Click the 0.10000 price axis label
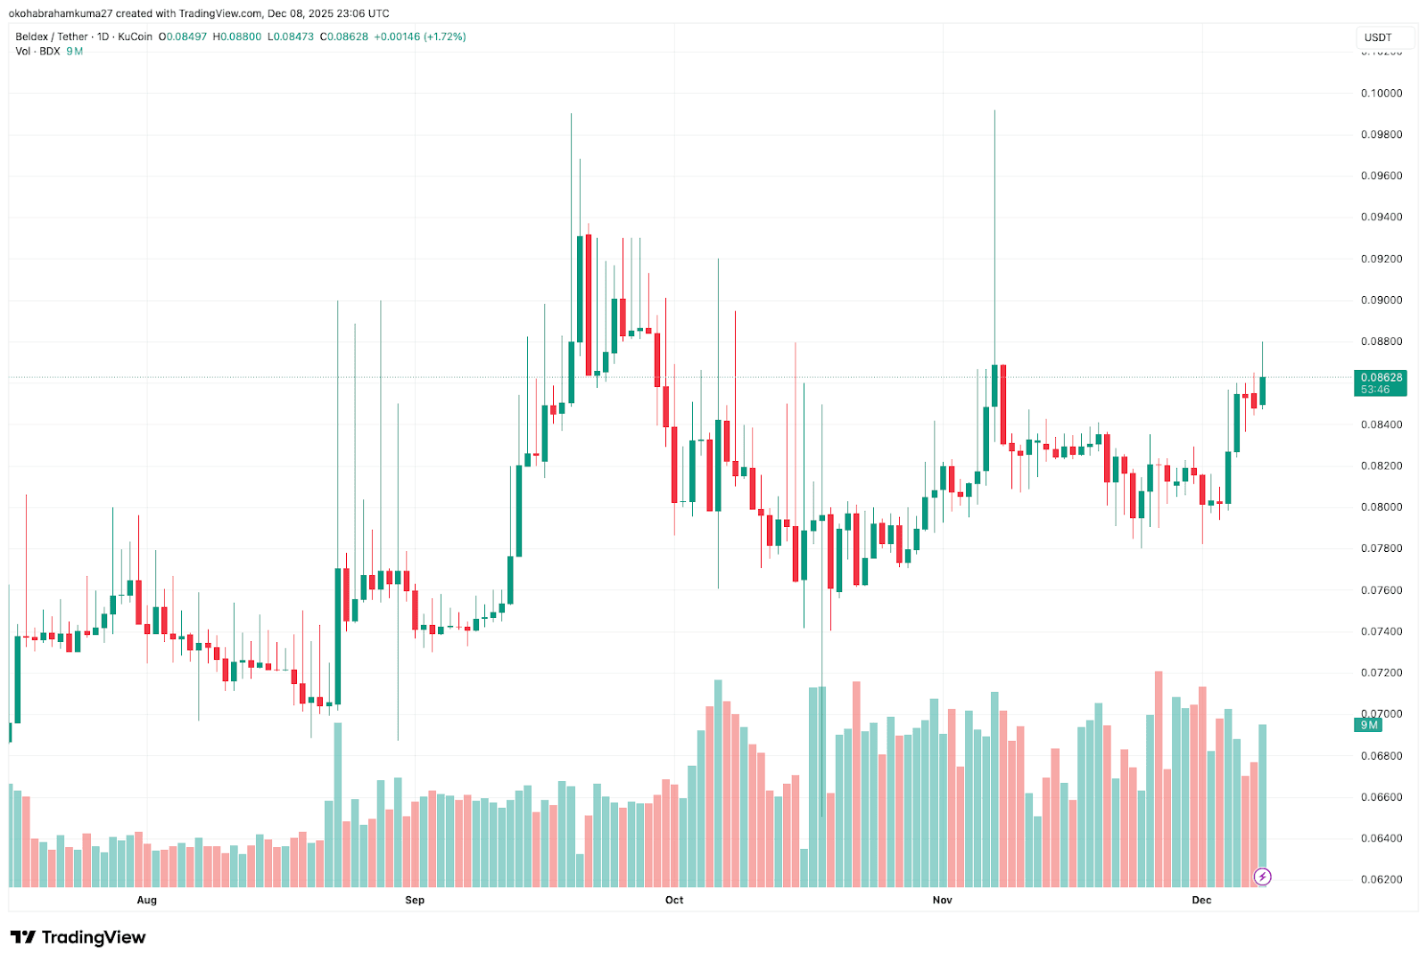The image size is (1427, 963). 1381,94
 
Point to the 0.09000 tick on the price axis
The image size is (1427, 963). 1381,300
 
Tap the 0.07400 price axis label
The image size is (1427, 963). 1381,631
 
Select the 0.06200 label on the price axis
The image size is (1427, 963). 1381,879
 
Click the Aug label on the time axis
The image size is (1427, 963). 147,900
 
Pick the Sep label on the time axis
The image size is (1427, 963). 415,900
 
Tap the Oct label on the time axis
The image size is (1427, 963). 674,900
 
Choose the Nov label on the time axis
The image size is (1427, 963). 942,900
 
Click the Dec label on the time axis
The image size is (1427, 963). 1201,900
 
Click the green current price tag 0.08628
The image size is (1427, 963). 1381,378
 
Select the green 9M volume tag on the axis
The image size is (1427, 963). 1368,725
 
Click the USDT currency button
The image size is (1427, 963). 1378,37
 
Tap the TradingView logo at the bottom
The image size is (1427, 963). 78,937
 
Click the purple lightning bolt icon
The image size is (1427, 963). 1262,877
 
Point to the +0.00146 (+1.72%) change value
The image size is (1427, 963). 419,37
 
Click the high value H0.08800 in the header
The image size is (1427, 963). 237,37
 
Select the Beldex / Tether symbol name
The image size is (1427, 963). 52,37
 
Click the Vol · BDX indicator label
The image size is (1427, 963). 37,52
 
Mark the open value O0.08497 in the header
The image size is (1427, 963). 183,37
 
